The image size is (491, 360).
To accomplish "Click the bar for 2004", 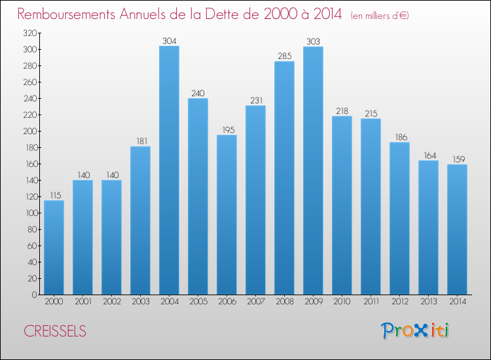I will click(x=169, y=170).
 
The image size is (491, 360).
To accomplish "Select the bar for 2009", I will click(x=313, y=170).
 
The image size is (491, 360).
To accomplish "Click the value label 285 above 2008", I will click(x=284, y=56).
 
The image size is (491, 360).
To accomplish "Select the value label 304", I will click(x=169, y=41).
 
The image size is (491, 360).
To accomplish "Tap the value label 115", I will click(x=54, y=195).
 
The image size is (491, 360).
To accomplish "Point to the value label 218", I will click(x=342, y=111).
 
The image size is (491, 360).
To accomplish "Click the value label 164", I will click(x=428, y=155).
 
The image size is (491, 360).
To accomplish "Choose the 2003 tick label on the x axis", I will click(x=140, y=302).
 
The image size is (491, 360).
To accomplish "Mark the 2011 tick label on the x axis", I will click(x=371, y=302).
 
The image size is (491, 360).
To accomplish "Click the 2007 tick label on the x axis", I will click(x=255, y=302).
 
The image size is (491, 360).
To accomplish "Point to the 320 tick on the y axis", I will click(x=29, y=33).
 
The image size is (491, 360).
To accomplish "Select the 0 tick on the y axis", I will click(x=33, y=295).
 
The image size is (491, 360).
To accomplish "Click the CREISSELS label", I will click(x=54, y=331).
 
